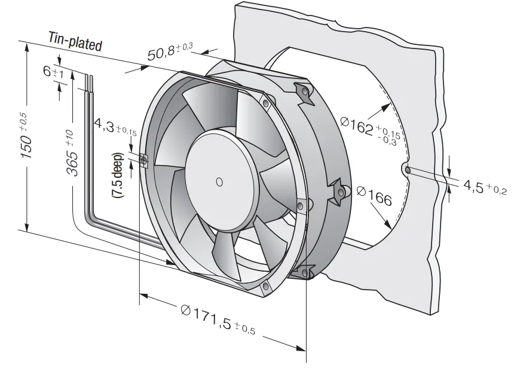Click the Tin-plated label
[75, 41]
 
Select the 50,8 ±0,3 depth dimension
[170, 52]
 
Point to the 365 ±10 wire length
[72, 153]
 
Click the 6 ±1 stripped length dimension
[53, 72]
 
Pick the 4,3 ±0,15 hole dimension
[115, 126]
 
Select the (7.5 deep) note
[117, 175]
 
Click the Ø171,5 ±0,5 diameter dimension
[218, 318]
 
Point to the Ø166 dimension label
[374, 196]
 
